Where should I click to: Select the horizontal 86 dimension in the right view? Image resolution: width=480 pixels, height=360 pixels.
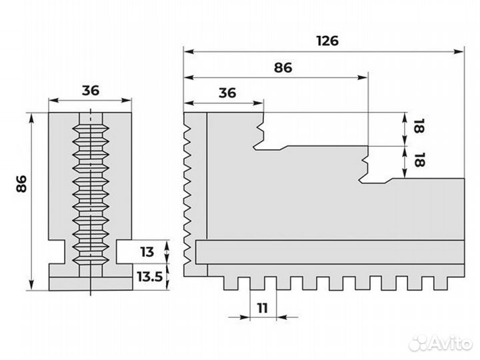283,67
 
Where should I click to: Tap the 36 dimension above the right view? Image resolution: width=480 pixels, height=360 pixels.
227,93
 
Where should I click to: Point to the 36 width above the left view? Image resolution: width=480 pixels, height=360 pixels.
90,90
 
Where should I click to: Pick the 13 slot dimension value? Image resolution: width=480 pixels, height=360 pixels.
147,252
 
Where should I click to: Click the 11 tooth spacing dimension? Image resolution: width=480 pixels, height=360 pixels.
263,308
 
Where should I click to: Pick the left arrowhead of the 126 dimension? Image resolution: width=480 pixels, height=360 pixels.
187,51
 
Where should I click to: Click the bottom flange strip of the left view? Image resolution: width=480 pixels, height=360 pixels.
90,283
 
